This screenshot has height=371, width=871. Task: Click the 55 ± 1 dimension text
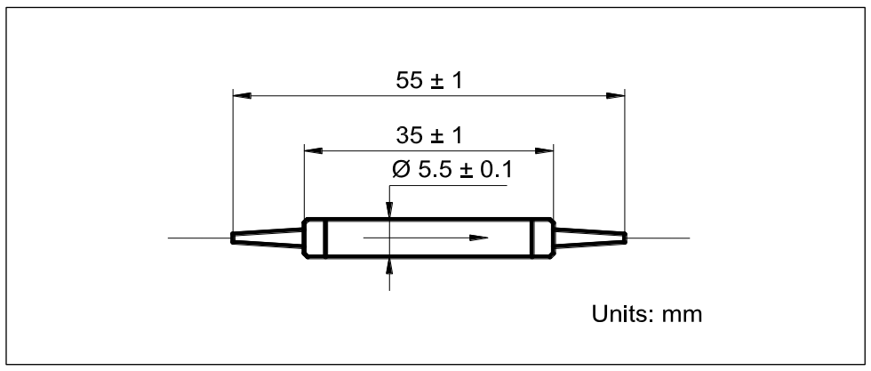pyautogui.click(x=429, y=81)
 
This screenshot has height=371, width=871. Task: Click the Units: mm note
pyautogui.click(x=648, y=316)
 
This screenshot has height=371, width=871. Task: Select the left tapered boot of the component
pyautogui.click(x=267, y=238)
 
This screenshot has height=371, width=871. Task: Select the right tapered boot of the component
pyautogui.click(x=590, y=238)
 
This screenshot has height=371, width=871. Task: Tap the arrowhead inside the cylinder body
pyautogui.click(x=479, y=238)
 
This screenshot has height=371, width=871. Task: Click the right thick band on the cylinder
pyautogui.click(x=533, y=238)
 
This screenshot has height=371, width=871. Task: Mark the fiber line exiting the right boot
pyautogui.click(x=658, y=238)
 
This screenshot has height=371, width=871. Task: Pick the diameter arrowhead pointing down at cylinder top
pyautogui.click(x=389, y=210)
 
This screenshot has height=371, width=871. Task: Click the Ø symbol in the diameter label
pyautogui.click(x=399, y=169)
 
